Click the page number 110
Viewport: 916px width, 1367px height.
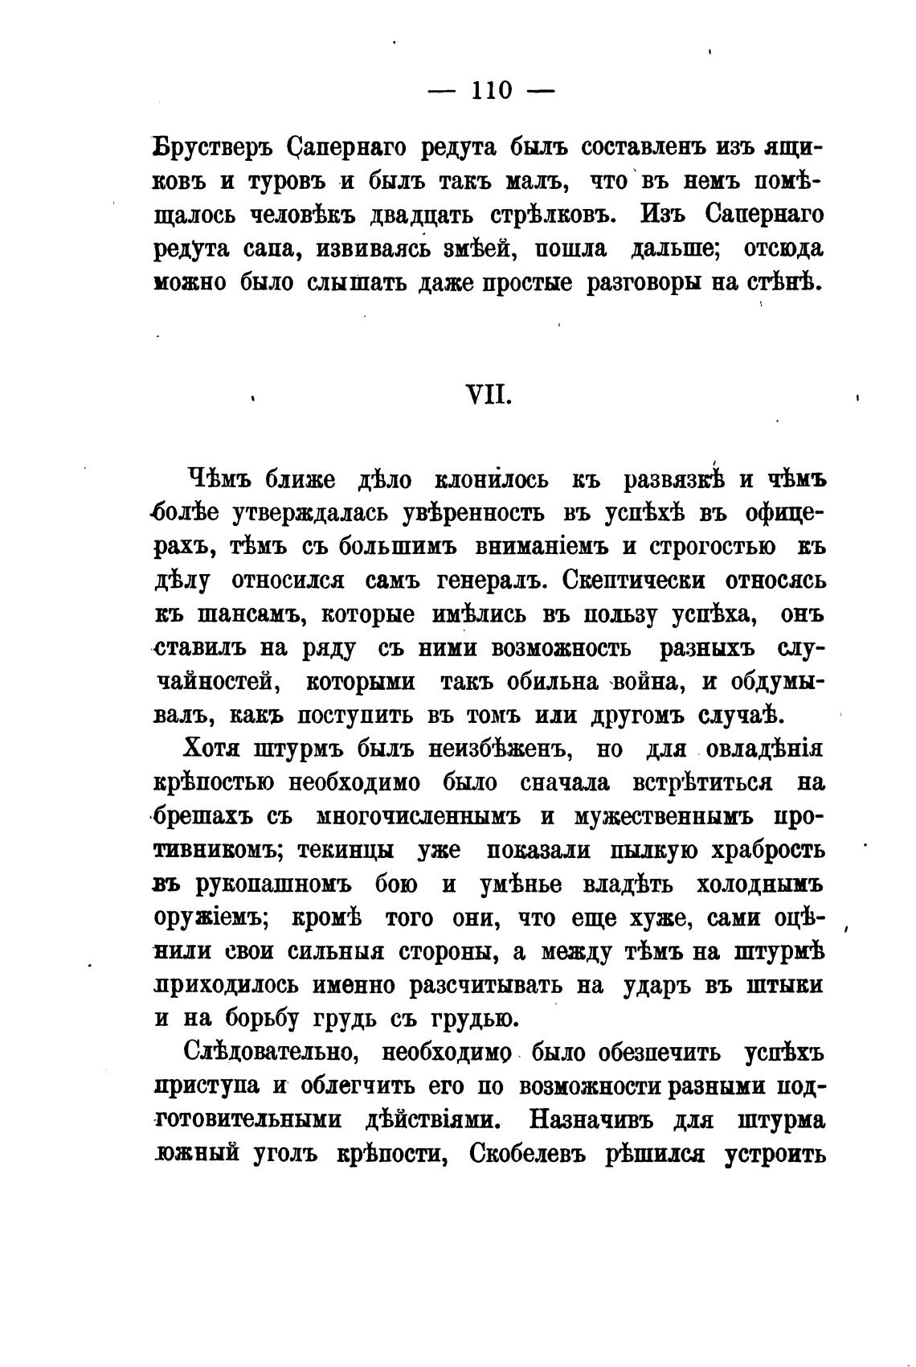point(492,90)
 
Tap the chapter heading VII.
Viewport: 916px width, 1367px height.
point(489,396)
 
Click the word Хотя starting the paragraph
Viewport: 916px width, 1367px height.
point(211,749)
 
